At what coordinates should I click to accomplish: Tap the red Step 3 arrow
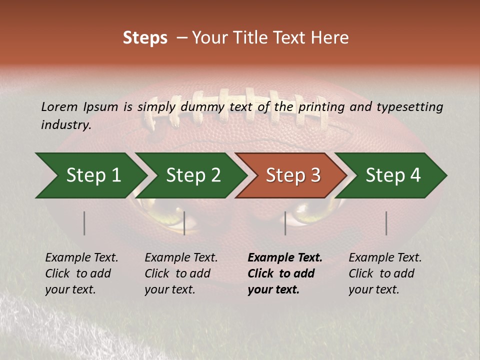[293, 175]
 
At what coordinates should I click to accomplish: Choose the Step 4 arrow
[393, 175]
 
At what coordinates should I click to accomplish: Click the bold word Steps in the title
[145, 38]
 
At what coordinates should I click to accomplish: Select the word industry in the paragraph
[65, 125]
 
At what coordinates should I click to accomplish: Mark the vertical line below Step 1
[84, 223]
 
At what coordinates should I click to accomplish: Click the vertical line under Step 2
[184, 223]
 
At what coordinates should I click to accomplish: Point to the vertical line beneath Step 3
[285, 223]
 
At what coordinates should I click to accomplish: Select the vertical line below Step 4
[386, 223]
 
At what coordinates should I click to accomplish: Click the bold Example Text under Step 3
[285, 258]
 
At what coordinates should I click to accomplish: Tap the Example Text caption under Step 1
[82, 258]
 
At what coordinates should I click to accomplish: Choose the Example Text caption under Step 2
[181, 258]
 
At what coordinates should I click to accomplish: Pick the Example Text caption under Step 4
[385, 258]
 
